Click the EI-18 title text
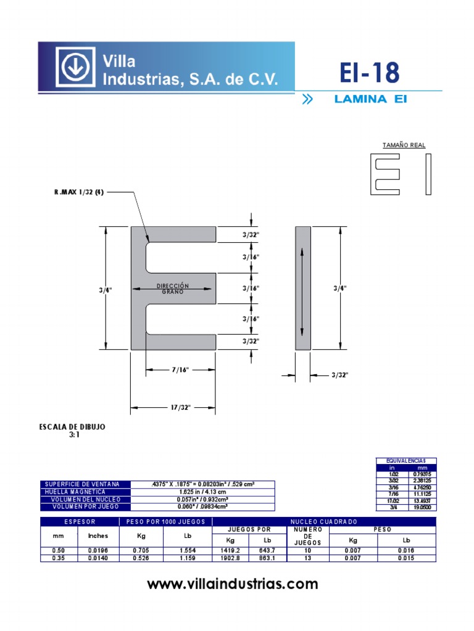(x=370, y=73)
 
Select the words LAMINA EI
(x=370, y=99)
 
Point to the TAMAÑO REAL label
(x=404, y=145)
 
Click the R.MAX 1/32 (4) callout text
(x=80, y=192)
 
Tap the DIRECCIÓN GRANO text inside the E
(x=173, y=288)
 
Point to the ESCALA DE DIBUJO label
(x=72, y=427)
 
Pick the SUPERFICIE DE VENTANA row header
(x=85, y=484)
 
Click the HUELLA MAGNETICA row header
(x=85, y=492)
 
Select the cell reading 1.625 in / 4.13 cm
(x=203, y=492)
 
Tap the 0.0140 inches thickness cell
(x=98, y=558)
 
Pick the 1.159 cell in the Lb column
(x=188, y=558)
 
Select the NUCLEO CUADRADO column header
(x=323, y=522)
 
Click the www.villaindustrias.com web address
(x=233, y=584)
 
